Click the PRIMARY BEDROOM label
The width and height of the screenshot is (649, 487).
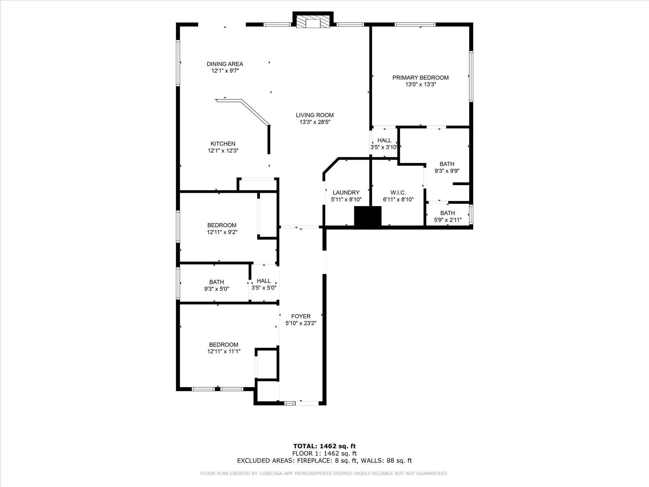point(421,78)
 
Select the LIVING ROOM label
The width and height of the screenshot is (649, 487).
point(315,115)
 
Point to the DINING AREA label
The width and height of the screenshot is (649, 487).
point(225,64)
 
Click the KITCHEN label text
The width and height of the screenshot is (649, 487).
point(223,144)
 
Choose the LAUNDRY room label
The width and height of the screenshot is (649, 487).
point(346,193)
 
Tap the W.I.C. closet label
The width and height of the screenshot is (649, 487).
point(398,193)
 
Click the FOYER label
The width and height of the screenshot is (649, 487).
point(301,316)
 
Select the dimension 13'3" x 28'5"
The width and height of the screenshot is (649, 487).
point(315,122)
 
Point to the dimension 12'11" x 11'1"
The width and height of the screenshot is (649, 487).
point(224,351)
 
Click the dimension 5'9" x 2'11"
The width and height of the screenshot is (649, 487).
point(448,220)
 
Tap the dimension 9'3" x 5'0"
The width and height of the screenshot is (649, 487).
point(216,289)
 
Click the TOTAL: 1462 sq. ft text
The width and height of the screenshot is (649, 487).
point(324,446)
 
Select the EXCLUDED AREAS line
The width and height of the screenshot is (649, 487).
point(324,460)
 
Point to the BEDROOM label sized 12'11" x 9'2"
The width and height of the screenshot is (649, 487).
point(222,225)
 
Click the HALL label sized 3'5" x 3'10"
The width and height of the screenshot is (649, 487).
point(384,140)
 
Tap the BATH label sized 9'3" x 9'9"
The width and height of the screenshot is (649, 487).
point(447,164)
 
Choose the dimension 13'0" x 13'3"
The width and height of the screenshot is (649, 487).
point(421,84)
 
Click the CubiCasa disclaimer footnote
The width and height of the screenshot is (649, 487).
point(324,474)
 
